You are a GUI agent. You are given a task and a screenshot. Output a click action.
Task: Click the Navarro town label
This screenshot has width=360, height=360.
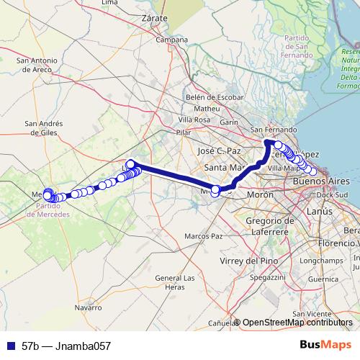pyautogui.click(x=88, y=307)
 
